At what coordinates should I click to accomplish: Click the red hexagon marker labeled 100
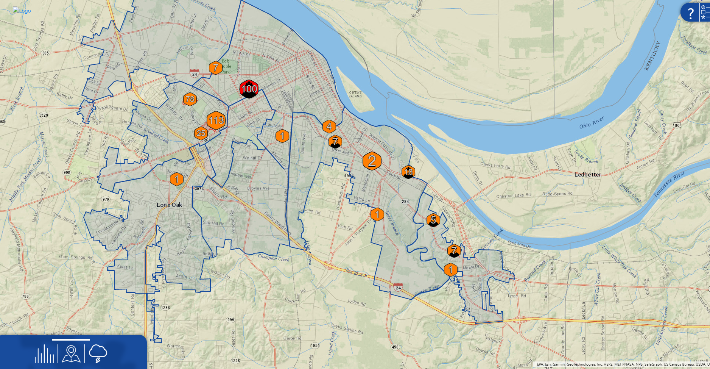click(x=249, y=89)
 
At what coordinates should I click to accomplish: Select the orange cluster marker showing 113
click(x=216, y=120)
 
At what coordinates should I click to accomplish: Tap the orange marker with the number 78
click(x=190, y=99)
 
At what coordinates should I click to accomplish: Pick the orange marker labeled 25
click(x=201, y=133)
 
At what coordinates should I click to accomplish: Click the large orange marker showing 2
click(x=372, y=161)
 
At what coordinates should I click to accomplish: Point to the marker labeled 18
click(x=408, y=172)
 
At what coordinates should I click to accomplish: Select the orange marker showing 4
click(x=329, y=127)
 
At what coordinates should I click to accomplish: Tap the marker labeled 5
click(x=433, y=219)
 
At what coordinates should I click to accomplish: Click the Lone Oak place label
click(x=169, y=205)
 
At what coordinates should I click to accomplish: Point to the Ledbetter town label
click(x=587, y=175)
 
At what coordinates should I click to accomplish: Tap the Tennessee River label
click(x=669, y=184)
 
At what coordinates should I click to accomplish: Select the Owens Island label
click(x=355, y=94)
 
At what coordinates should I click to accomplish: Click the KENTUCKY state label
click(x=652, y=56)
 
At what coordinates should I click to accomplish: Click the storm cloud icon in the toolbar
click(x=98, y=353)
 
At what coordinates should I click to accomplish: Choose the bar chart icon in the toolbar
click(x=44, y=354)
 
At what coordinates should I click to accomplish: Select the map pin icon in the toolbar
click(x=71, y=354)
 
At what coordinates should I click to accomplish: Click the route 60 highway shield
click(x=677, y=125)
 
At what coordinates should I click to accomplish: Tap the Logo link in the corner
click(x=22, y=11)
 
